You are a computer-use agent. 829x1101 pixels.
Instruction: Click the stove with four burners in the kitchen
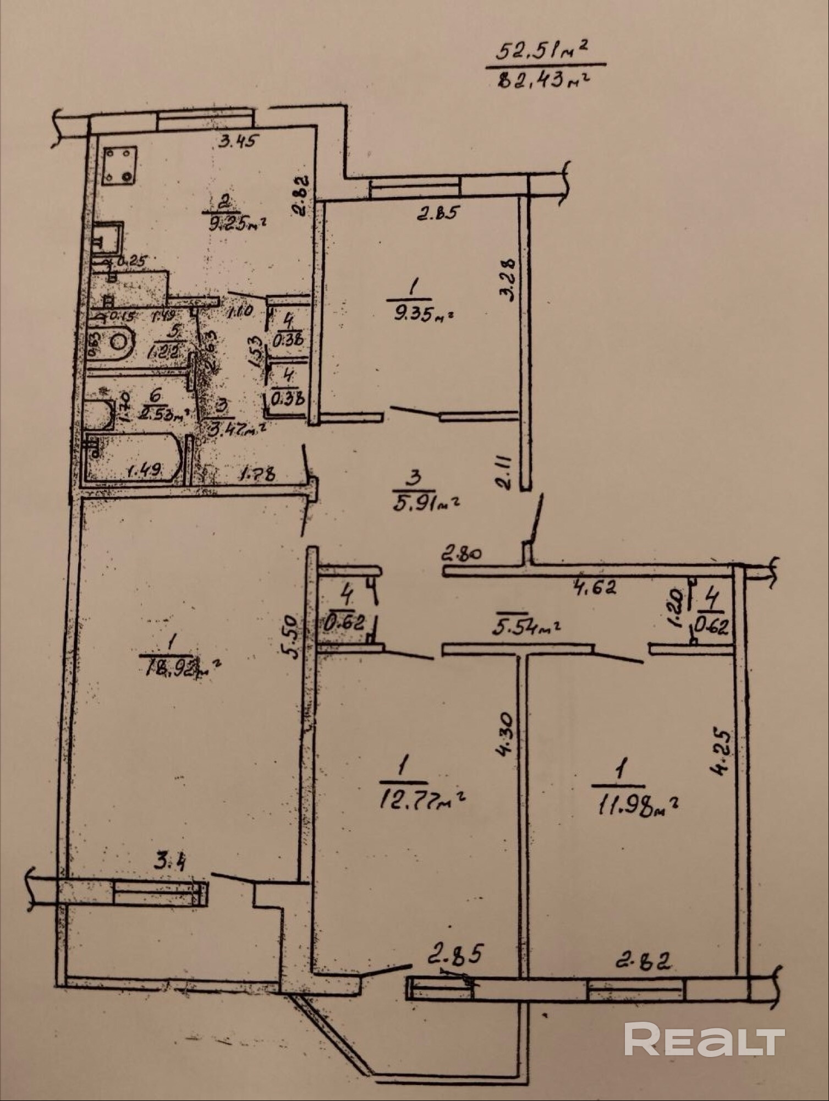point(120,164)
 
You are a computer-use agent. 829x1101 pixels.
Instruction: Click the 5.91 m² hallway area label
point(425,501)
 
